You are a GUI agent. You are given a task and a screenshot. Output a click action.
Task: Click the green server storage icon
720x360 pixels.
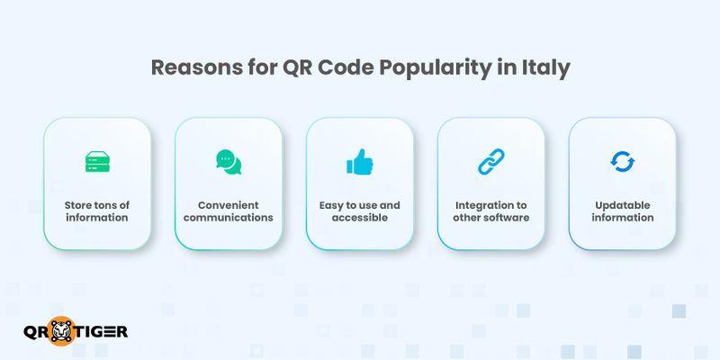[96, 162]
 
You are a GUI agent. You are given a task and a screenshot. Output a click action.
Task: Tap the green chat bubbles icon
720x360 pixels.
[229, 162]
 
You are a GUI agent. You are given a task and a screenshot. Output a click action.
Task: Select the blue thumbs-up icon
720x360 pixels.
[359, 162]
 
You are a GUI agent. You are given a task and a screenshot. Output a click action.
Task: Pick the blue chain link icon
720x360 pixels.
[490, 162]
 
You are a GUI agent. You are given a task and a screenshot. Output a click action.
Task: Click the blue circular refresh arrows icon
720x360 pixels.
[622, 162]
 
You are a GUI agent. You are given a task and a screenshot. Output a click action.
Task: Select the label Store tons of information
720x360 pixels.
[96, 211]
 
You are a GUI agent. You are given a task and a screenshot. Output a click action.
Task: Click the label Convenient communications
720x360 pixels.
[229, 211]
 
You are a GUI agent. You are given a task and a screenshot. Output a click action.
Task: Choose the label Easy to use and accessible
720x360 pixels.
[359, 211]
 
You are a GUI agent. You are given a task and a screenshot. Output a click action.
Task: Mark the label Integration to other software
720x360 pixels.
[490, 211]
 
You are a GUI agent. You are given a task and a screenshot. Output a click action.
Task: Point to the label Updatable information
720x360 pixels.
[622, 211]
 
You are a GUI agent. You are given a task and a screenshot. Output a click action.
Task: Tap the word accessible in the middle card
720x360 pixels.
[359, 217]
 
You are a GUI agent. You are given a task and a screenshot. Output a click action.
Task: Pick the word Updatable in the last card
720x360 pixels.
[622, 204]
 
